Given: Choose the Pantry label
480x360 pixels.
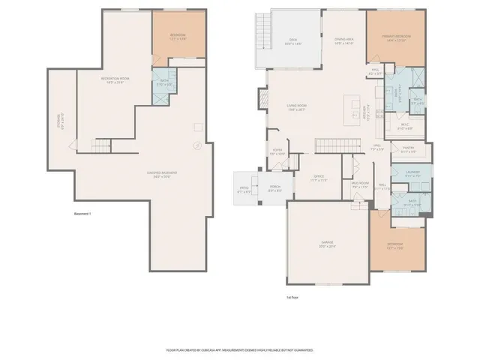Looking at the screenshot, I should pos(409,149).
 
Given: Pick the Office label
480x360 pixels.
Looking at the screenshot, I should pos(319,178).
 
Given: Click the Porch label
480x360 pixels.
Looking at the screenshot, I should pos(274,189).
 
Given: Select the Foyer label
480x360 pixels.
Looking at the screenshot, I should pos(281,153).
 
